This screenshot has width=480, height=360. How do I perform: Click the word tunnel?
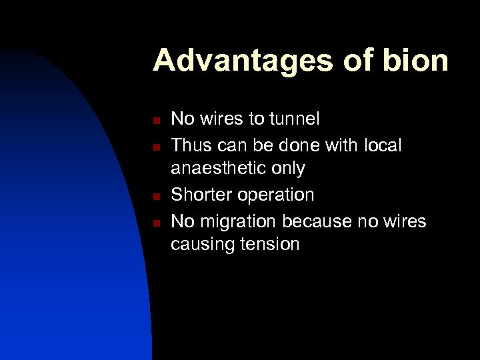[293, 119]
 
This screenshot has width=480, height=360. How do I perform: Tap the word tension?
[273, 245]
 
